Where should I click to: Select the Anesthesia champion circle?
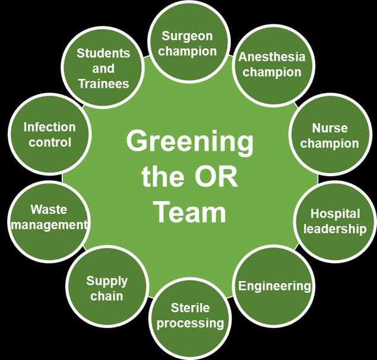pyautogui.click(x=274, y=65)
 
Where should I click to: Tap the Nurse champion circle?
pyautogui.click(x=330, y=135)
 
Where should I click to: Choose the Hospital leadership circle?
pyautogui.click(x=335, y=222)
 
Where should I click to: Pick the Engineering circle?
pyautogui.click(x=274, y=286)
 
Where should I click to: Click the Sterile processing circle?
pyautogui.click(x=190, y=318)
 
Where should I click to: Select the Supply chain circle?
pyautogui.click(x=106, y=286)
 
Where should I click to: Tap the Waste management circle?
pyautogui.click(x=49, y=222)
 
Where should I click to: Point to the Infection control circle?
pyautogui.click(x=49, y=134)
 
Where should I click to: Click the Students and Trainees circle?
pyautogui.click(x=103, y=68)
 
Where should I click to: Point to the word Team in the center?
pyautogui.click(x=191, y=212)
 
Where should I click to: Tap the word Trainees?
pyautogui.click(x=104, y=84)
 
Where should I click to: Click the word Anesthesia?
pyautogui.click(x=272, y=57)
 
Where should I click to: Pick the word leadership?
pyautogui.click(x=335, y=230)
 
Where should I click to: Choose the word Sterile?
pyautogui.click(x=190, y=308)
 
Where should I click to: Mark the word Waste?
pyautogui.click(x=49, y=209)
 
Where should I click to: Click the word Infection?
pyautogui.click(x=49, y=127)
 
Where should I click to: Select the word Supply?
pyautogui.click(x=107, y=281)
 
